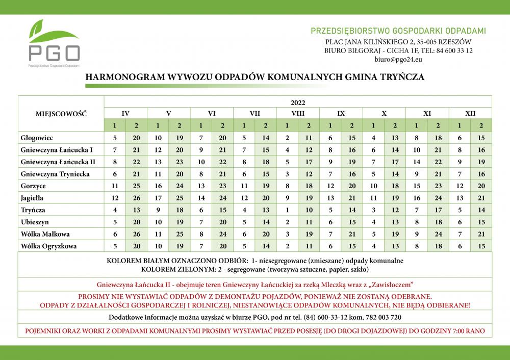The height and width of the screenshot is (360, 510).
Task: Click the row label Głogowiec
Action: (37, 138)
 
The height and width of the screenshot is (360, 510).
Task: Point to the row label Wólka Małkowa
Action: (45, 235)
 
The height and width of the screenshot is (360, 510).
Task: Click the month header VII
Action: (255, 113)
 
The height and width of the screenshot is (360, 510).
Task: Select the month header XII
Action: (470, 113)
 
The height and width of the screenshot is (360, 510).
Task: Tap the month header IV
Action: (125, 113)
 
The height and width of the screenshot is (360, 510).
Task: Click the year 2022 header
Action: (298, 102)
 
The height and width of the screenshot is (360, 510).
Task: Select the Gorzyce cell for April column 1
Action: (115, 186)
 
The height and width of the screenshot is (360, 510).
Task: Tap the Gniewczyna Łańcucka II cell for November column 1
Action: (417, 162)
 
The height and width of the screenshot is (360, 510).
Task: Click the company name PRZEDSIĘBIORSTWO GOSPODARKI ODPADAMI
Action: (398, 31)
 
